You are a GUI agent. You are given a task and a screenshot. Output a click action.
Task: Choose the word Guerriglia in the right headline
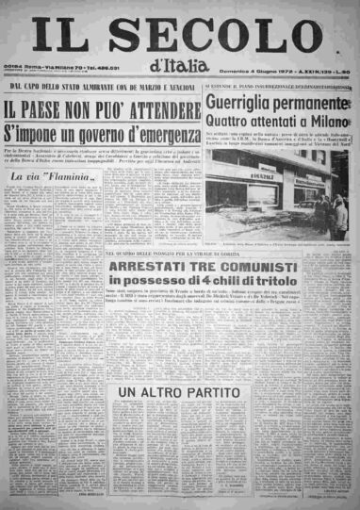(243, 104)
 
